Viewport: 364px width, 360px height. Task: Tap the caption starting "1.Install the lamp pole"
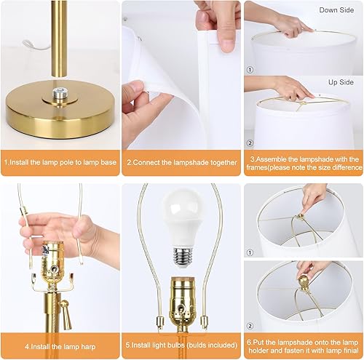tap(58, 163)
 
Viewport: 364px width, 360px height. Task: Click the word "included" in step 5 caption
tap(217, 346)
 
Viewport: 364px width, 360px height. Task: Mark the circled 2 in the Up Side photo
tap(251, 143)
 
